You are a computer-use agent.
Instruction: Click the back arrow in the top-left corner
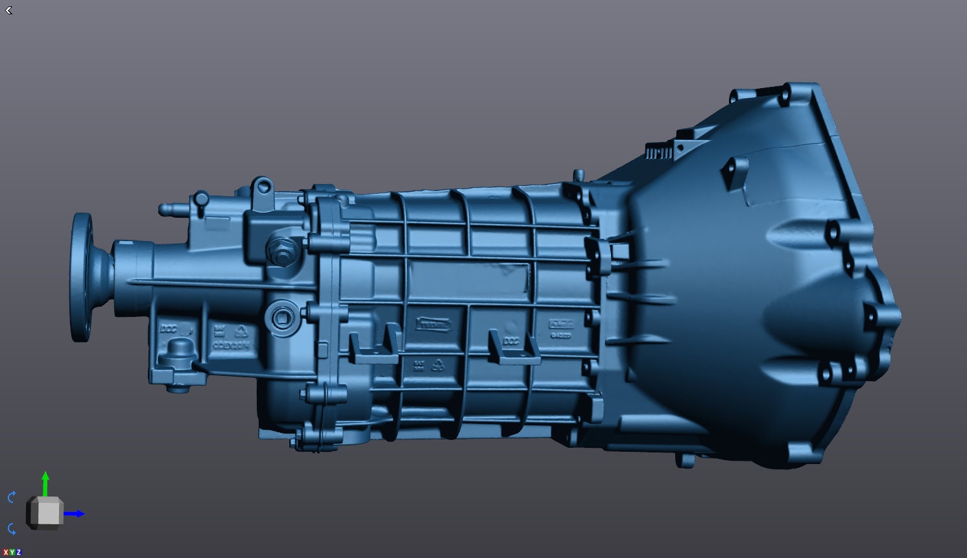click(x=8, y=10)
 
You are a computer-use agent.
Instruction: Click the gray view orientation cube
click(x=45, y=513)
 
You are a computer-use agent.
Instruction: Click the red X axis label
click(x=5, y=552)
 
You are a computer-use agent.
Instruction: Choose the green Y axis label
click(x=12, y=552)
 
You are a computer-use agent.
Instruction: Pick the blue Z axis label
click(x=18, y=552)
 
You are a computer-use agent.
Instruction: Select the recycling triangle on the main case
click(x=438, y=364)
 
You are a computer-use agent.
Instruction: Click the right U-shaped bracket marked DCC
click(x=513, y=348)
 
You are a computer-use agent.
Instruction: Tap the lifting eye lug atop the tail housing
click(x=261, y=189)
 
